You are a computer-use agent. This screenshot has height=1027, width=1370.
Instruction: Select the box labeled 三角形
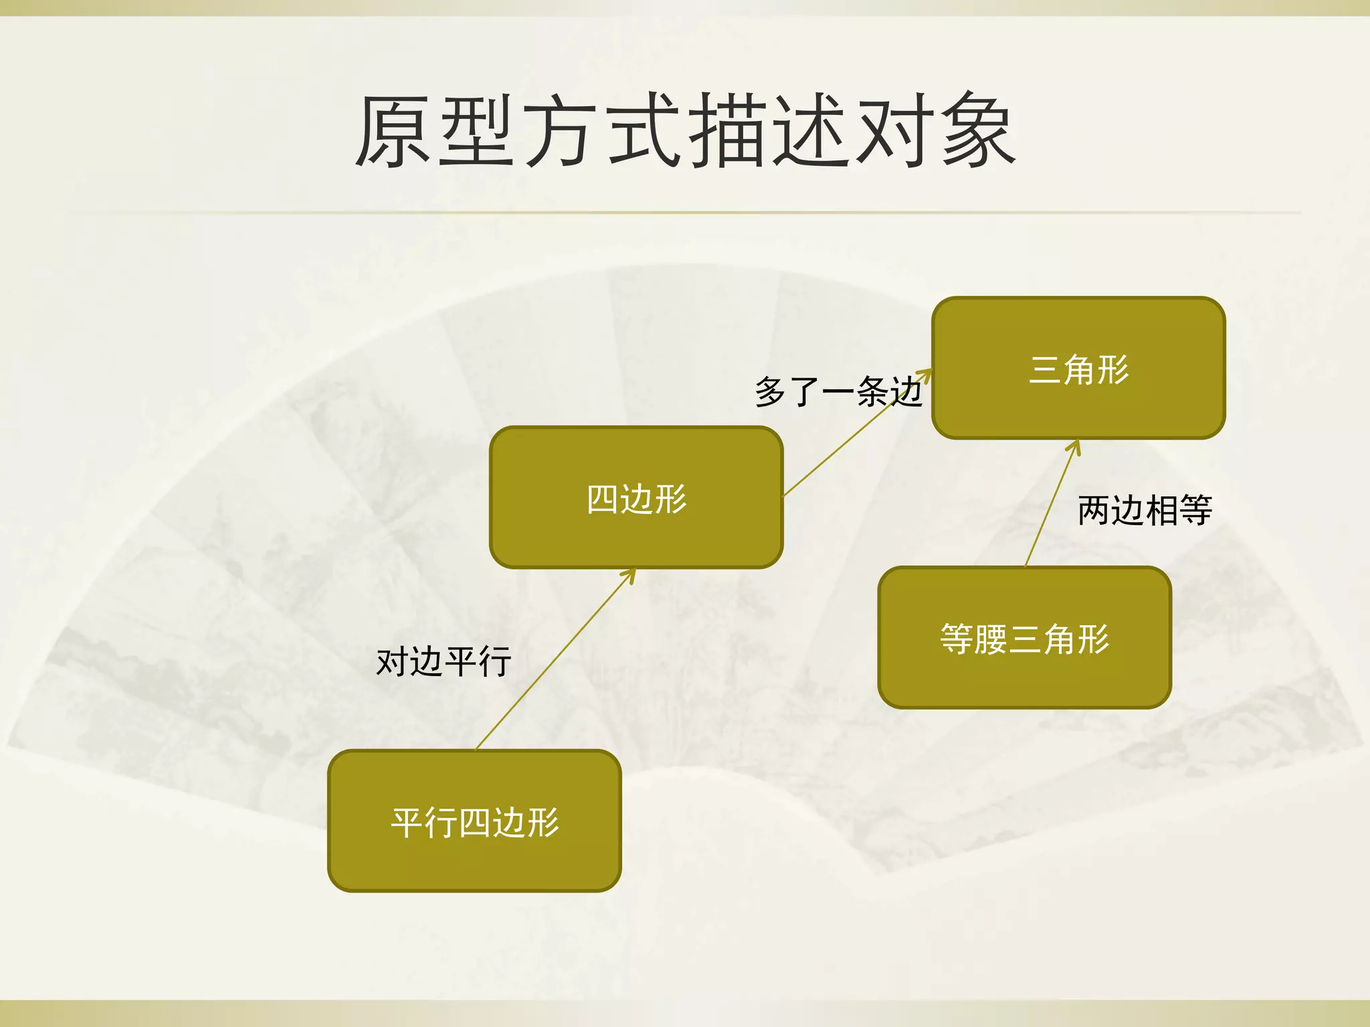point(1078,368)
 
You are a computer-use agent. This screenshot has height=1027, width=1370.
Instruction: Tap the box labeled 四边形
point(636,498)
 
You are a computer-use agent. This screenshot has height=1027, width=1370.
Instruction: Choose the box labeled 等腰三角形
point(1024,638)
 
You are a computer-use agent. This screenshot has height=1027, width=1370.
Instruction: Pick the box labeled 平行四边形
point(474,822)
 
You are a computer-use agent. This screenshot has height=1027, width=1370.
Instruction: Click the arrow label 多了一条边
point(839,391)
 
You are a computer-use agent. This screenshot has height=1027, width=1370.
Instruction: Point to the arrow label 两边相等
point(1145,510)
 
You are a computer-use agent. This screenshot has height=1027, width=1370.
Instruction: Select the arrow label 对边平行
point(444,662)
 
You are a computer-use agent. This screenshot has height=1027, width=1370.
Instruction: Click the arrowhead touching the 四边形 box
point(629,575)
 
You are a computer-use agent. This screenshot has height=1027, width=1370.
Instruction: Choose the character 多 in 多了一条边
point(771,391)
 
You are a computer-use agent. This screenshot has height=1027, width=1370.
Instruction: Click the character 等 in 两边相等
point(1195,510)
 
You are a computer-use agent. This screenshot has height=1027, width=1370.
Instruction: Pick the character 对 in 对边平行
point(393,662)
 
